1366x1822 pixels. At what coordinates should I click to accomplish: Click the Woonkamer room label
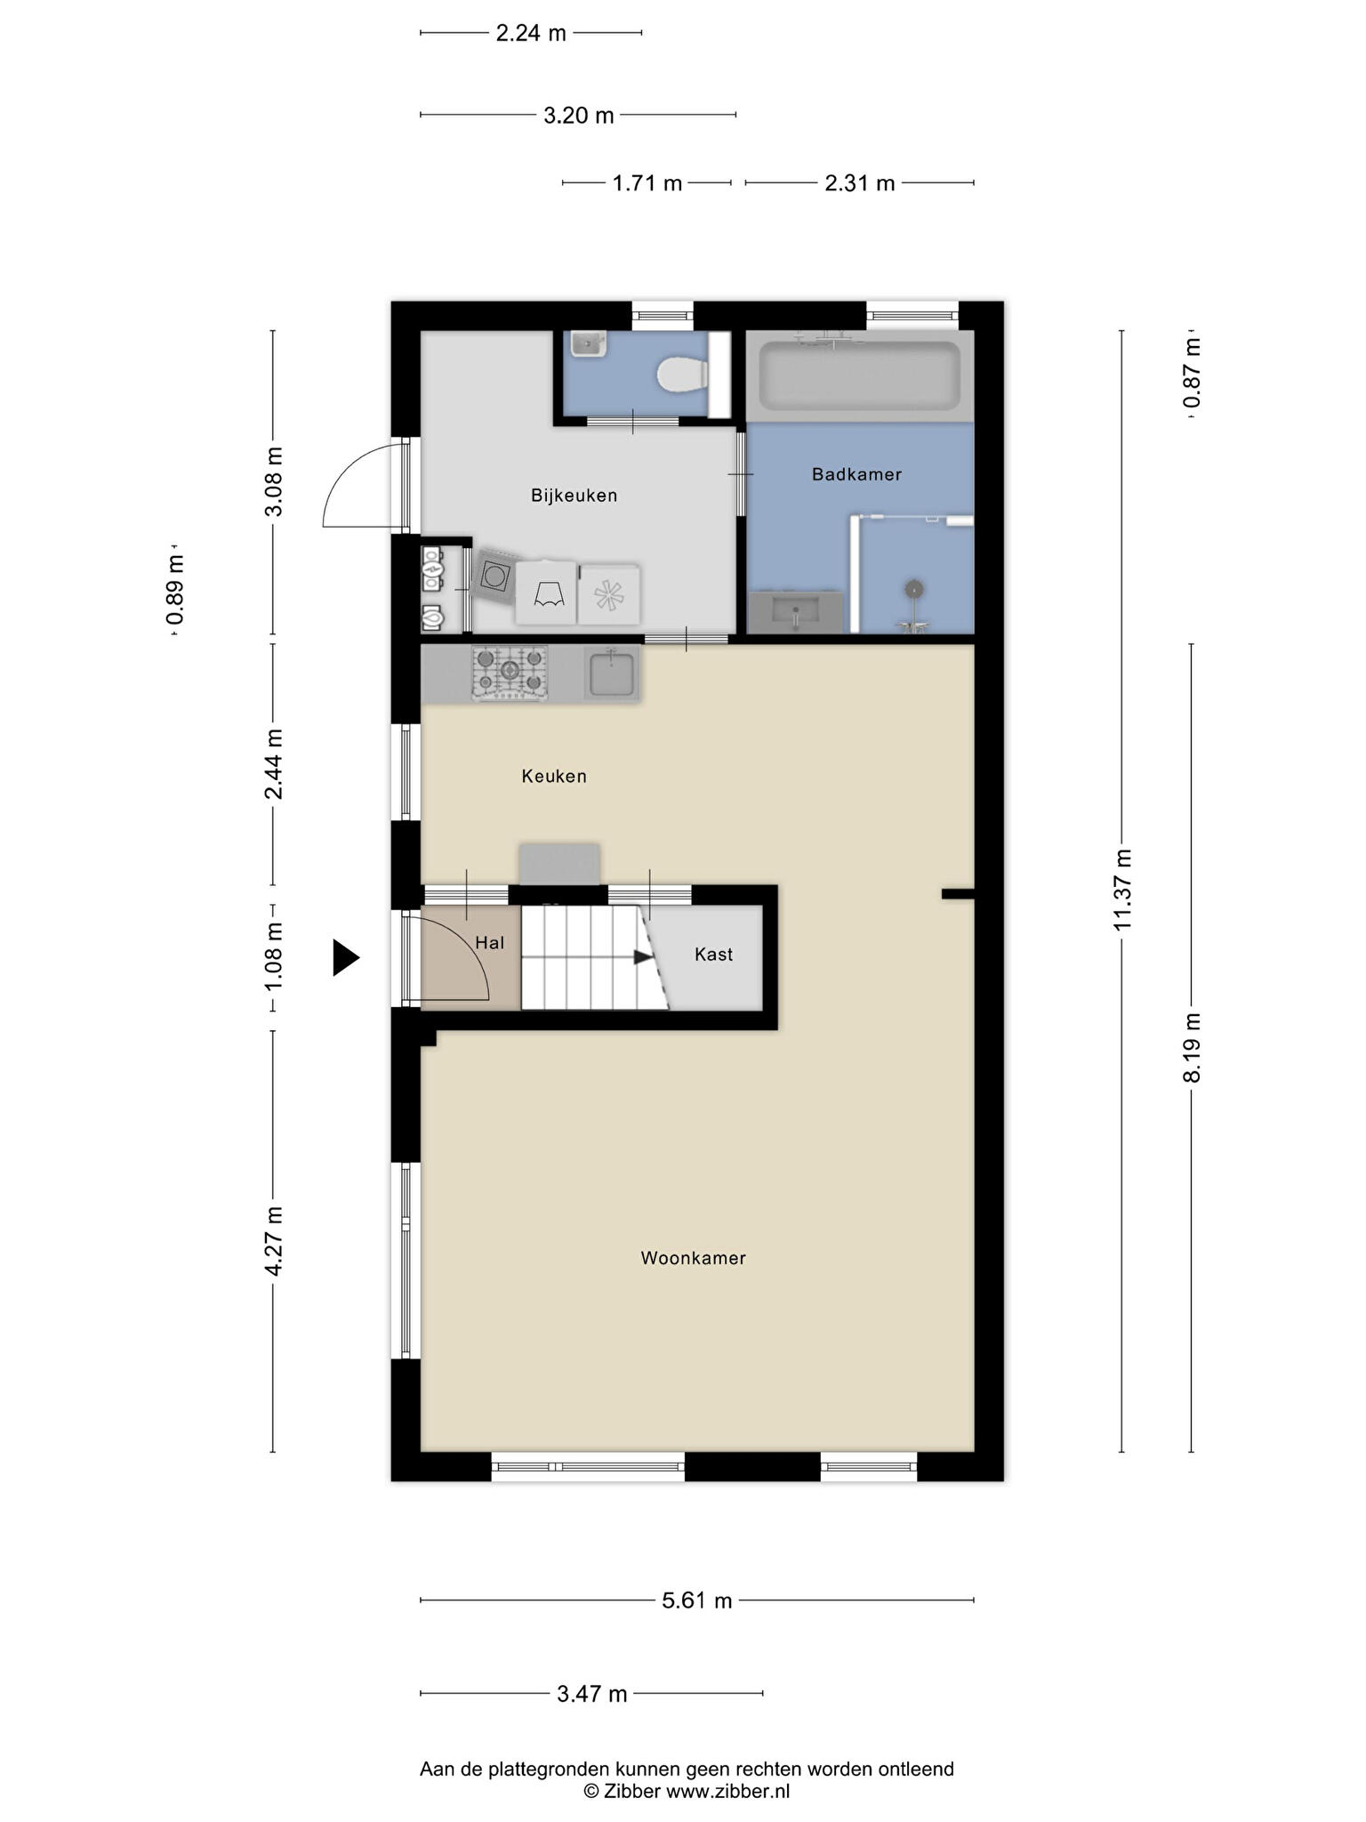693,1258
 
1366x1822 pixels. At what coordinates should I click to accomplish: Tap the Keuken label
554,776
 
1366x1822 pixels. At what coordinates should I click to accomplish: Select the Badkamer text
856,474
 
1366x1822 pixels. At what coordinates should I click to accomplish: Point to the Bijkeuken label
574,496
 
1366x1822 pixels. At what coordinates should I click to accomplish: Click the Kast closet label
713,955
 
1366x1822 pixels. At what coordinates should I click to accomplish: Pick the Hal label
489,943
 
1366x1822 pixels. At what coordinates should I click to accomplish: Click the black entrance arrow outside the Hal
346,958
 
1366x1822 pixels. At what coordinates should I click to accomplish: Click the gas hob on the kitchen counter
510,673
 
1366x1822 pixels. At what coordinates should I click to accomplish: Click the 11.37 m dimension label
1122,890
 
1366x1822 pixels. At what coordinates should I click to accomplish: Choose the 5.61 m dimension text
697,1600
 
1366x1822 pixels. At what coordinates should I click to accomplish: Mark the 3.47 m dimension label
592,1694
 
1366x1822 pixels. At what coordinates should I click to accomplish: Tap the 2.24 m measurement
531,33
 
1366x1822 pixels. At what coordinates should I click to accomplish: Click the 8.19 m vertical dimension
1192,1047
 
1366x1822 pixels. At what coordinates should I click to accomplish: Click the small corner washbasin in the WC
588,343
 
